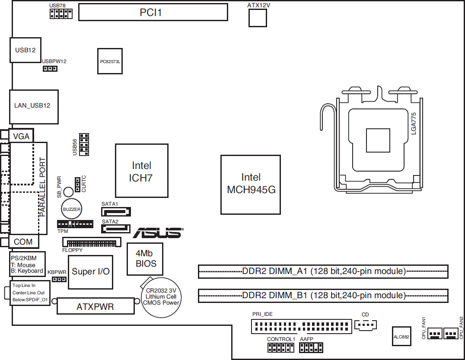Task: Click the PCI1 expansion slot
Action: pyautogui.click(x=153, y=12)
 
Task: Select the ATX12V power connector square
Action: pyautogui.click(x=258, y=18)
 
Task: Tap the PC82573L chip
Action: pyautogui.click(x=110, y=61)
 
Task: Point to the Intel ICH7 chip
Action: pyautogui.click(x=142, y=171)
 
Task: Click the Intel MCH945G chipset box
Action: pyautogui.click(x=251, y=185)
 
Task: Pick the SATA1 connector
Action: pyautogui.click(x=116, y=212)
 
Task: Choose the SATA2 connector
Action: pyautogui.click(x=116, y=229)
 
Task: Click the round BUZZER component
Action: pyautogui.click(x=71, y=209)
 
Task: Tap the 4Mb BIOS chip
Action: pyautogui.click(x=145, y=259)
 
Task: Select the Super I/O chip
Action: pyautogui.click(x=90, y=272)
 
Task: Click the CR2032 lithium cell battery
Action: pyautogui.click(x=161, y=297)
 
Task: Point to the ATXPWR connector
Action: pyautogui.click(x=96, y=306)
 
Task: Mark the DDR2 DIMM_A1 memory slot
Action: pyautogui.click(x=323, y=271)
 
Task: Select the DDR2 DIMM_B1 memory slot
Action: pyautogui.click(x=323, y=296)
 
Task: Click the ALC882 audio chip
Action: pyautogui.click(x=401, y=336)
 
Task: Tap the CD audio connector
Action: pyautogui.click(x=366, y=325)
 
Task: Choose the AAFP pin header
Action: pyautogui.click(x=311, y=347)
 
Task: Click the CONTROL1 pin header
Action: pyautogui.click(x=281, y=347)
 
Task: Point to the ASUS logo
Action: pyautogui.click(x=158, y=233)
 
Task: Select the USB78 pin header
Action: pyautogui.click(x=61, y=14)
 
